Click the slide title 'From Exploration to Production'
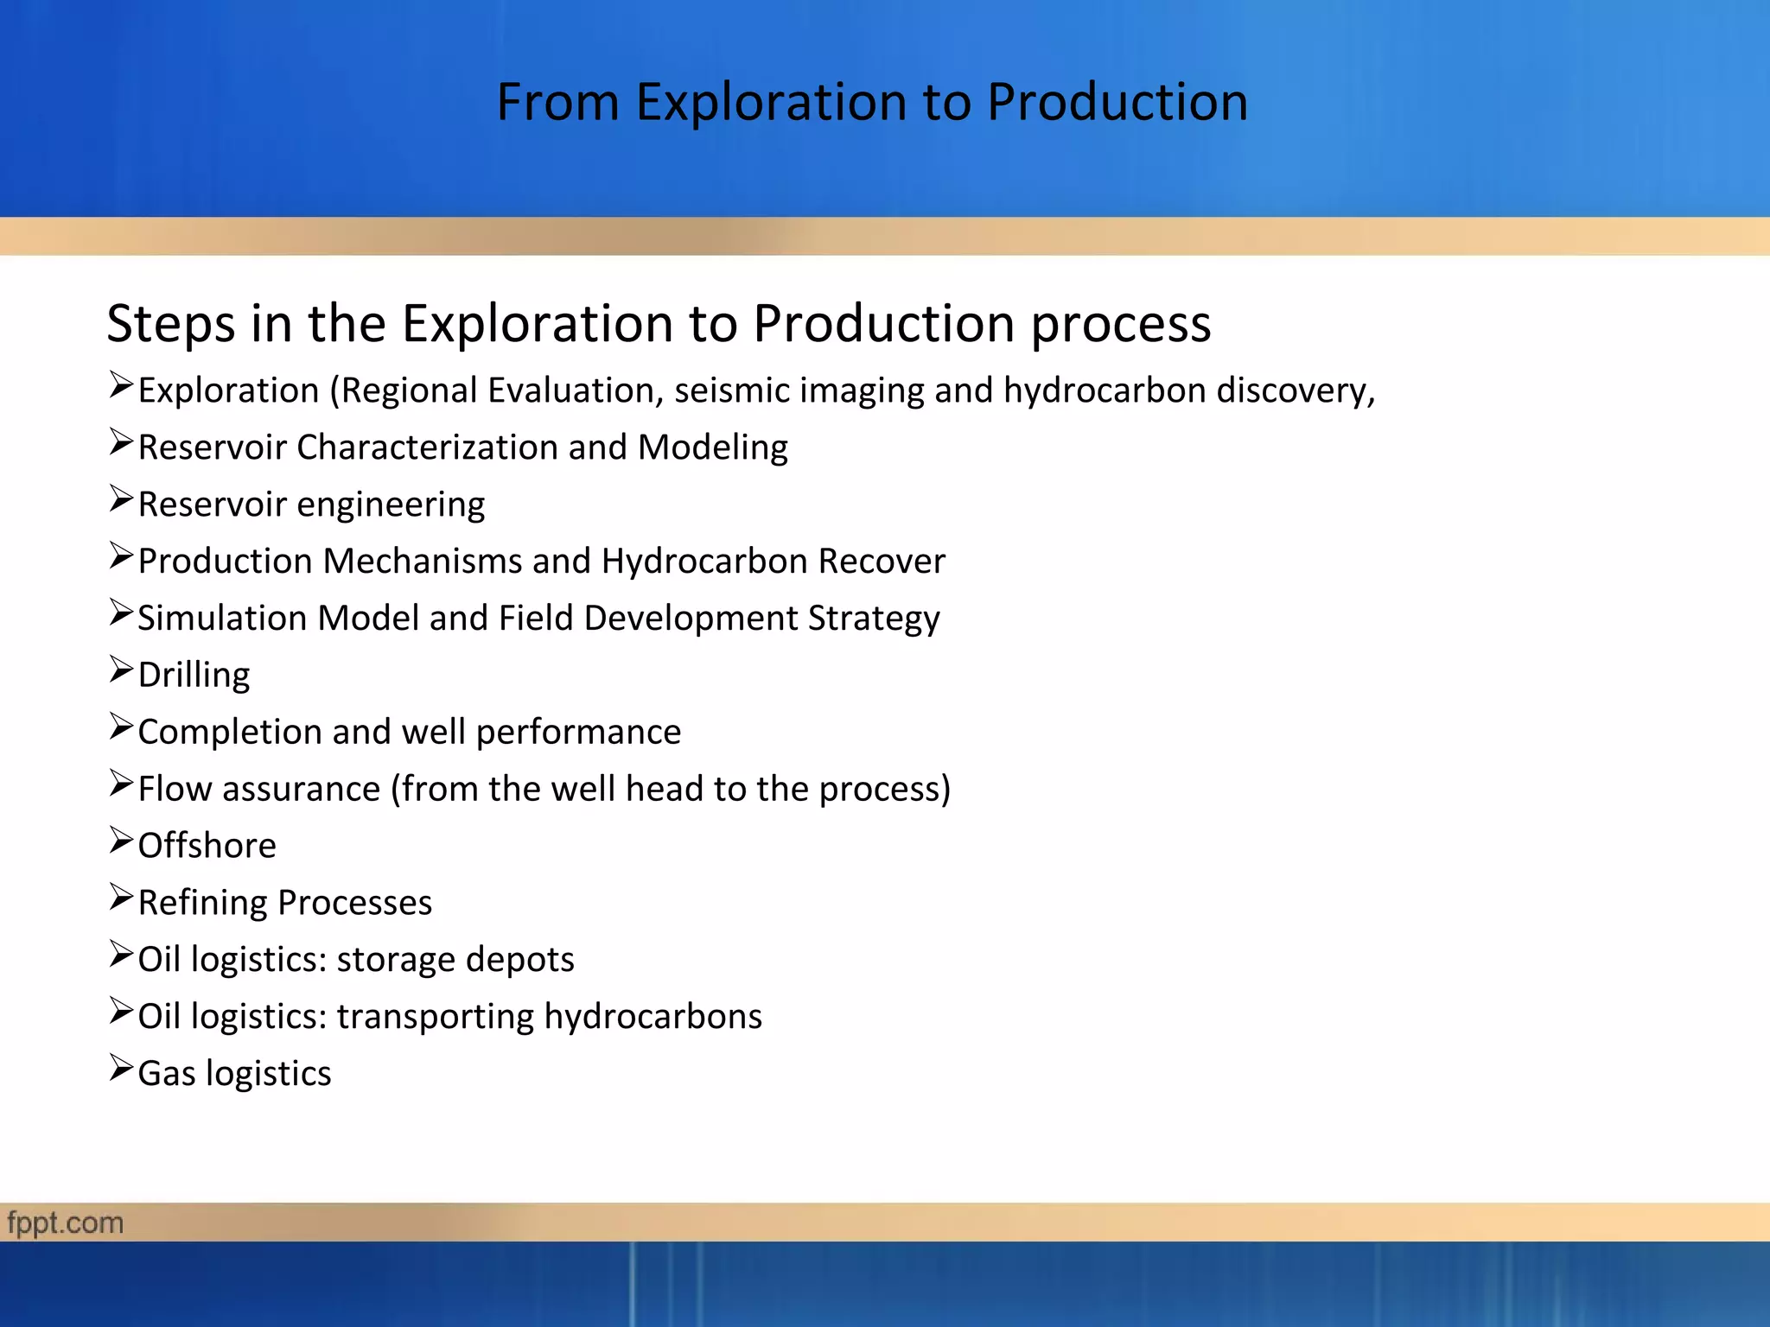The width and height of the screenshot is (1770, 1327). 872,102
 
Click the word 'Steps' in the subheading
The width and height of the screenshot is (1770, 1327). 170,324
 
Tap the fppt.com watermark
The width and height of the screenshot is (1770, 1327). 65,1223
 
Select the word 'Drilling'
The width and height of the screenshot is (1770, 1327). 194,675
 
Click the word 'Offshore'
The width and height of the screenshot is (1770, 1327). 207,846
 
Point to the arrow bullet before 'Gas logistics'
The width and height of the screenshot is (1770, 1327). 121,1069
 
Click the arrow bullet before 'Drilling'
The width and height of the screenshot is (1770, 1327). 121,670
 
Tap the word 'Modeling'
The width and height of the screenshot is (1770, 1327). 712,448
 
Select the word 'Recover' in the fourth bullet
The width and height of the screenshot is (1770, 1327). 881,562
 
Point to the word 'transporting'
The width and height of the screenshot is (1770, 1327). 436,1017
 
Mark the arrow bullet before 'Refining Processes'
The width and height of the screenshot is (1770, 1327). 121,898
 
